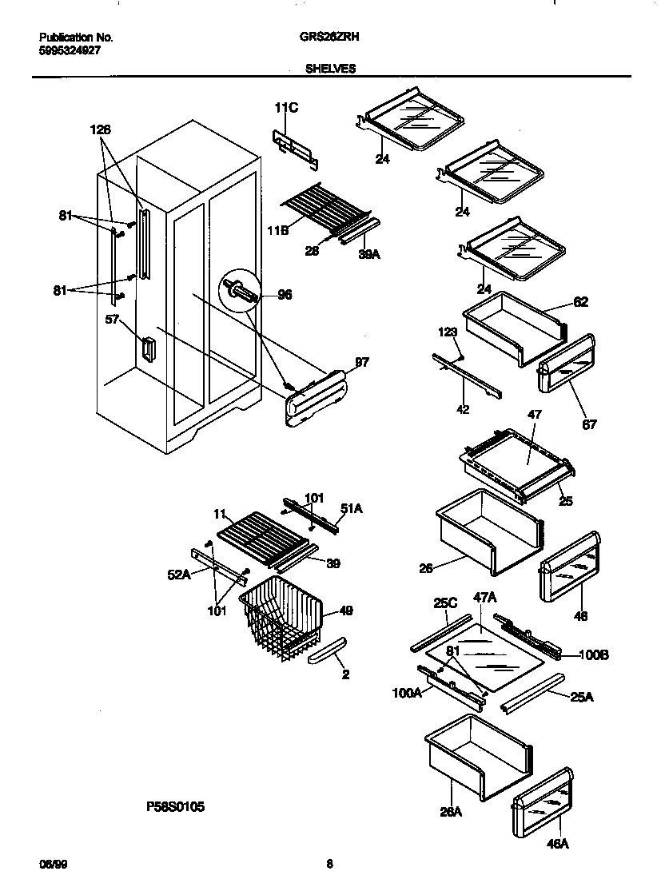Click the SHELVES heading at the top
(x=330, y=69)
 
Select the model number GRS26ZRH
(x=329, y=37)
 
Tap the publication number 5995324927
(x=70, y=50)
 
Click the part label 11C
(x=287, y=108)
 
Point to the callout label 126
(x=101, y=129)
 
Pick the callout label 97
(x=361, y=364)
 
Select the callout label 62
(x=580, y=302)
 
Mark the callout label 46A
(x=558, y=844)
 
